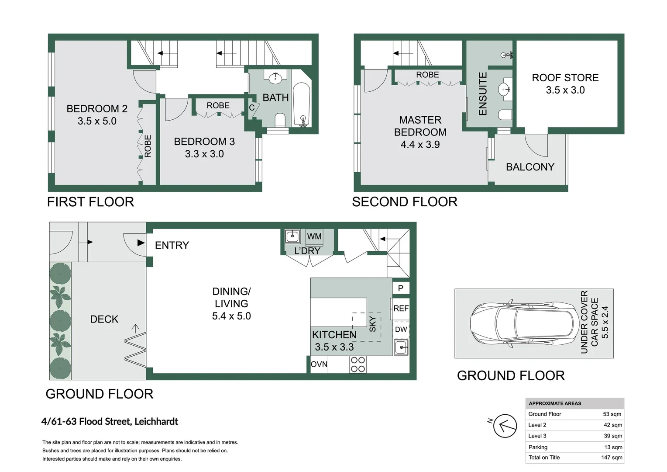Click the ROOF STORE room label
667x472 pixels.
tap(565, 78)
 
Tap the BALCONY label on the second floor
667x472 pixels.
tap(529, 167)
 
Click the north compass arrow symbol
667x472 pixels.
tap(505, 426)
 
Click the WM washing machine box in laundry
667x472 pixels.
tap(314, 236)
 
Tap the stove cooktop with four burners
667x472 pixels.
tap(358, 364)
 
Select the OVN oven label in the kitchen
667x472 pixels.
tap(319, 364)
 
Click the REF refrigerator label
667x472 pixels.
tap(401, 309)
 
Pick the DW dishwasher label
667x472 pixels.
tap(401, 330)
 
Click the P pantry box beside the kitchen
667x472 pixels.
tap(401, 288)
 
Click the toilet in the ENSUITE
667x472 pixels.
tap(505, 115)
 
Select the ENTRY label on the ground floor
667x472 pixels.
tap(172, 245)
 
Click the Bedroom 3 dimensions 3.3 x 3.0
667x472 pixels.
tap(204, 154)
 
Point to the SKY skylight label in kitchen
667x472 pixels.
tap(372, 324)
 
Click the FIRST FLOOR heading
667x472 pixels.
tap(90, 202)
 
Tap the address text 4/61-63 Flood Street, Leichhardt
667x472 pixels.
tap(110, 422)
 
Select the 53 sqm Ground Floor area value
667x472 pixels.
tap(612, 414)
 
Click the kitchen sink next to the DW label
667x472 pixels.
tap(401, 348)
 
